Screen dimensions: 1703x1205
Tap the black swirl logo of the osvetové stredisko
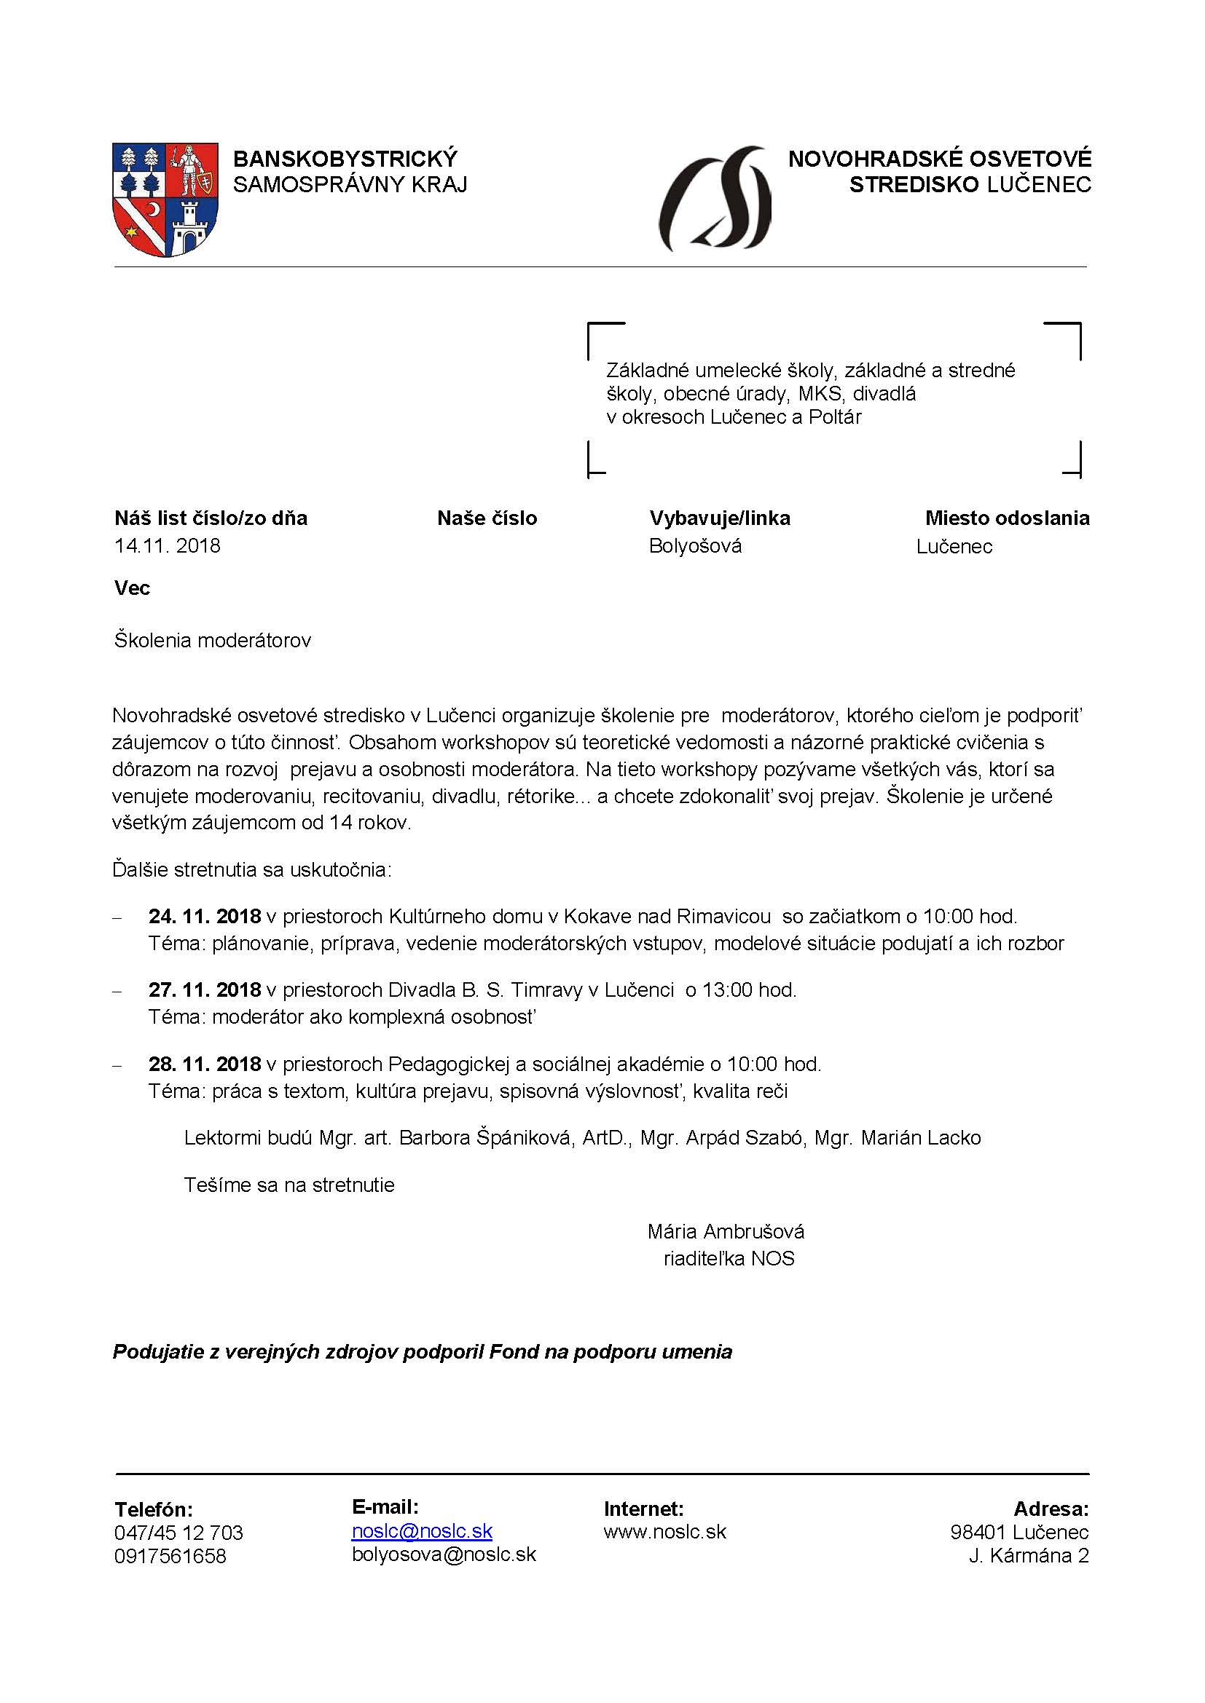(x=715, y=199)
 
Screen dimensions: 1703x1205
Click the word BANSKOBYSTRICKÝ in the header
(x=345, y=159)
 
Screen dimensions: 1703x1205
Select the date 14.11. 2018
(x=167, y=546)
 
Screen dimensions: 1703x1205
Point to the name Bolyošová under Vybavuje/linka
(x=695, y=546)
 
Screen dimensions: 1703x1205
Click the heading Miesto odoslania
(x=1007, y=518)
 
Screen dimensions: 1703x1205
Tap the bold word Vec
(x=132, y=588)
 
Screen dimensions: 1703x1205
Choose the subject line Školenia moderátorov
(x=212, y=640)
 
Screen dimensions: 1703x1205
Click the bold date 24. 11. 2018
(x=204, y=916)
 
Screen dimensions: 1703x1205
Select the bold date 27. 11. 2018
(x=204, y=989)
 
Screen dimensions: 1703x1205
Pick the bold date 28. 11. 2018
(x=204, y=1064)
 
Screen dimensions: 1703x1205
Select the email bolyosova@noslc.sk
(x=444, y=1554)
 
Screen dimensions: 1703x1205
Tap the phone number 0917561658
(x=170, y=1556)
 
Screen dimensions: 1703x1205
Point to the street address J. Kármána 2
(x=1029, y=1555)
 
